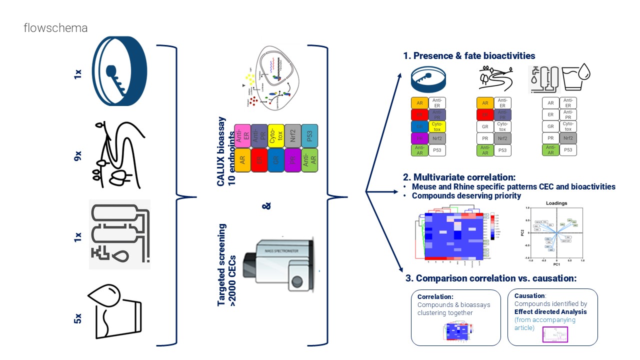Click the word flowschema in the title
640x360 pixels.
coord(55,28)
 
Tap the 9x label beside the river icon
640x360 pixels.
coord(78,156)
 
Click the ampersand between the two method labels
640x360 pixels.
coord(266,205)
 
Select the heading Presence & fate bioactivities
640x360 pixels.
coord(469,56)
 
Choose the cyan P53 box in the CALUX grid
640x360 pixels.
coord(309,135)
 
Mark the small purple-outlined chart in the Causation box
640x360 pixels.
coord(556,334)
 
